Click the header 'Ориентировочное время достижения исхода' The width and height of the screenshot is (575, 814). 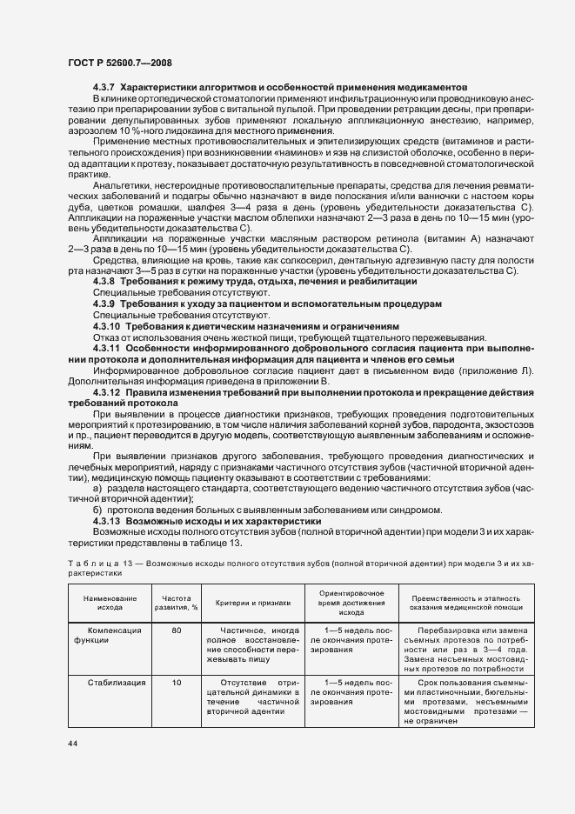tap(345, 602)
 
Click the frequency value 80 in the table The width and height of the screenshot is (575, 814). tap(177, 630)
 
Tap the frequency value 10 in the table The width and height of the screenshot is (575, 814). tap(177, 683)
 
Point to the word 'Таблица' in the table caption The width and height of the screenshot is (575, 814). tap(92, 564)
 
